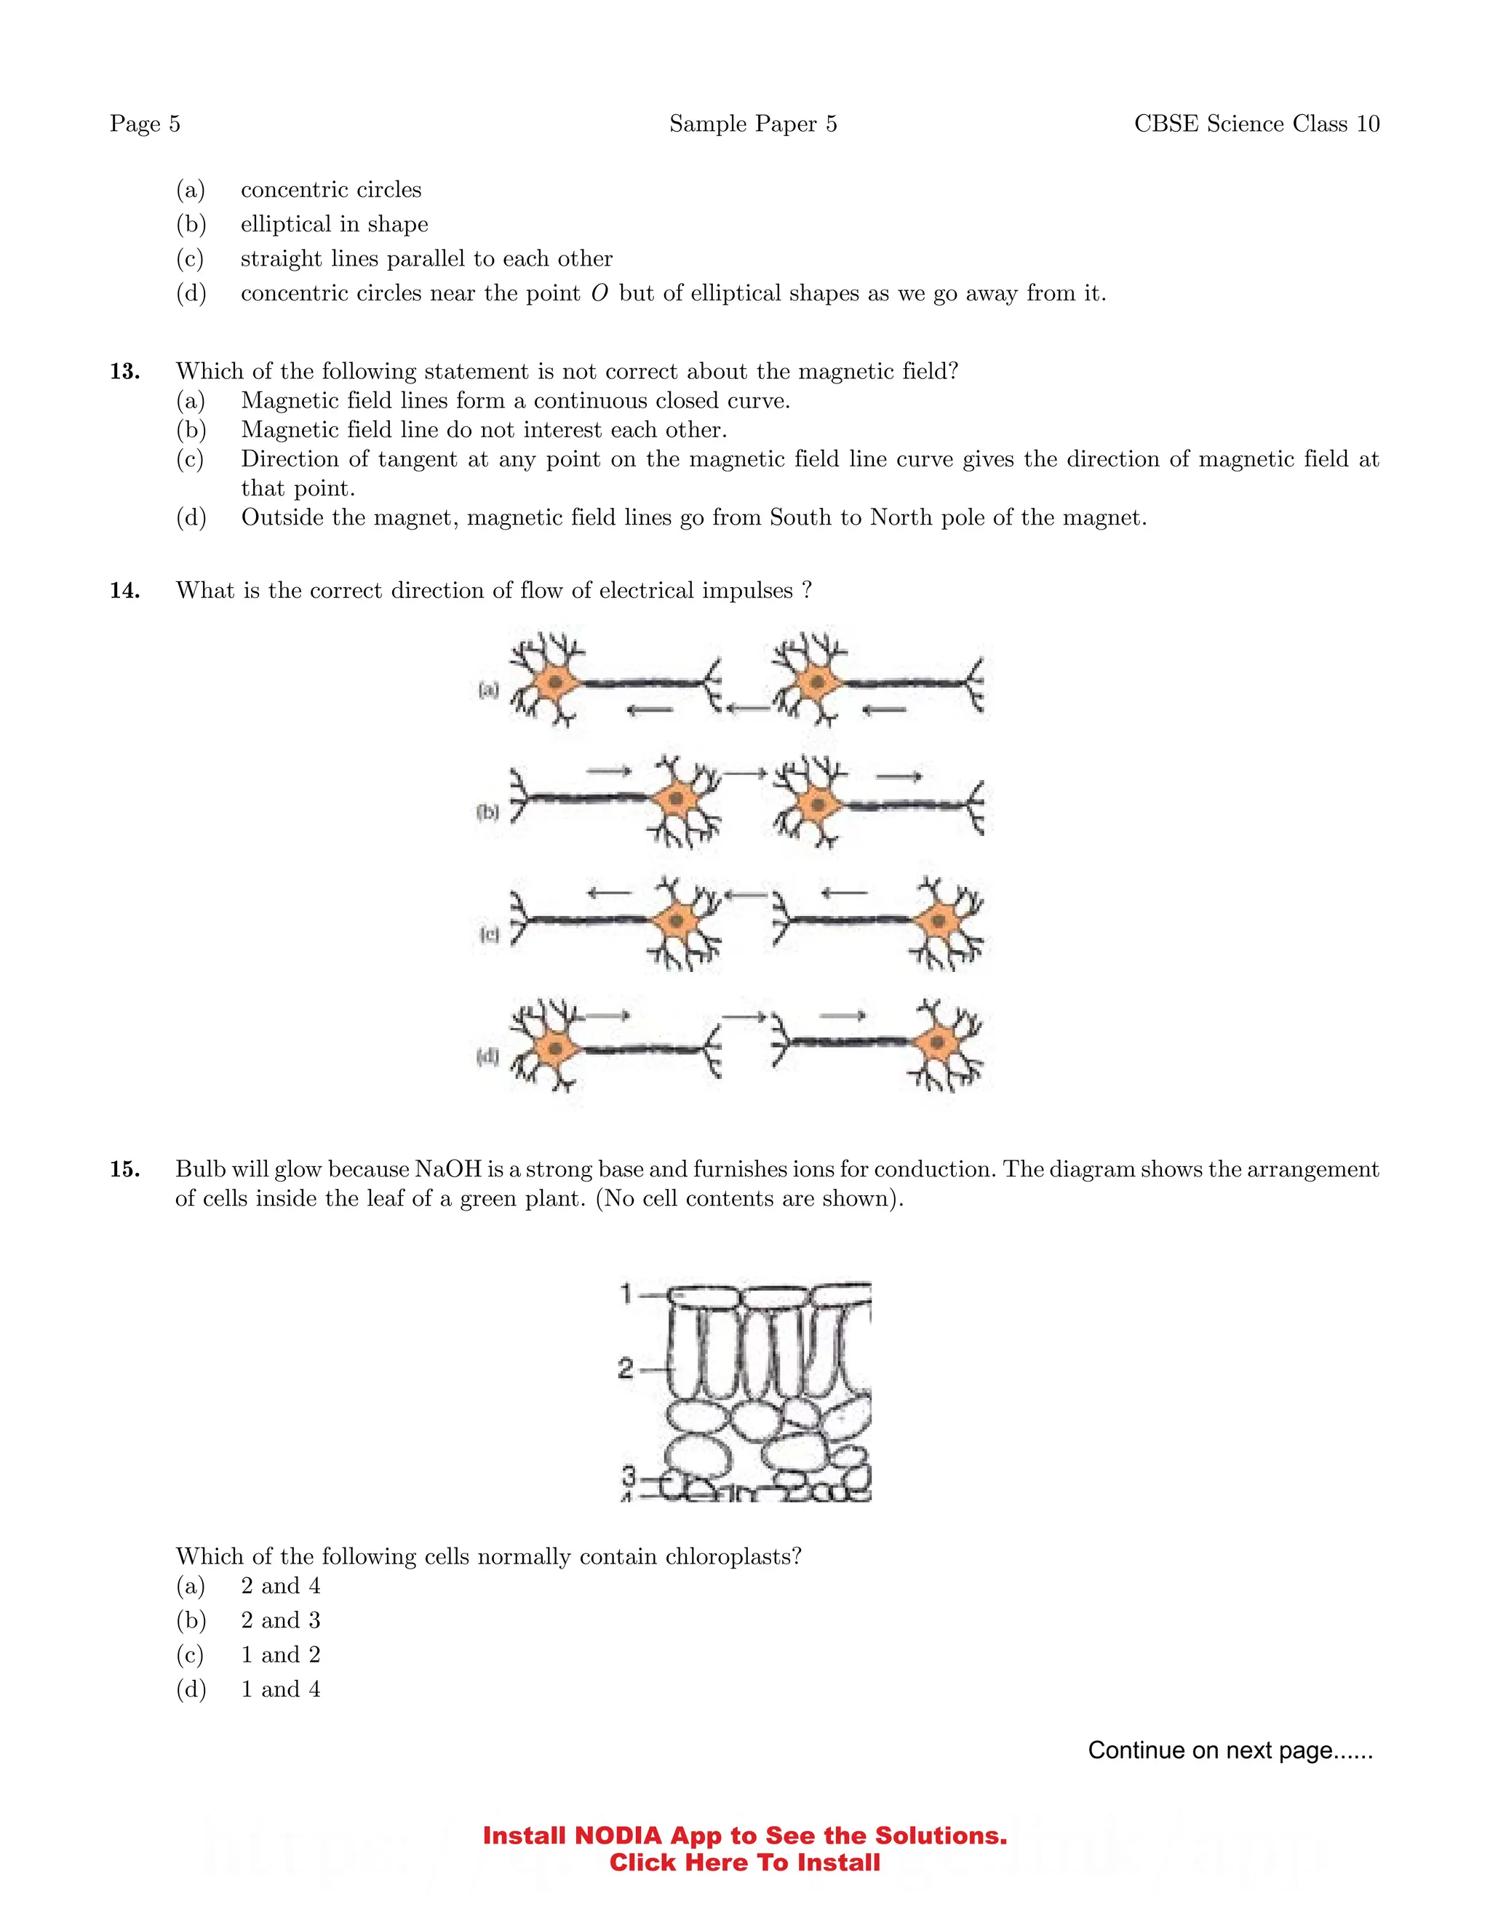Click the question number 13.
pyautogui.click(x=124, y=372)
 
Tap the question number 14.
pyautogui.click(x=124, y=591)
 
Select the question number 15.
pyautogui.click(x=124, y=1170)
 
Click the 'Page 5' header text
pyautogui.click(x=145, y=124)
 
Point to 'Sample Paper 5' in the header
pyautogui.click(x=752, y=124)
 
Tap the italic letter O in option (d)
pyautogui.click(x=599, y=293)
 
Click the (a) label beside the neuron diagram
pyautogui.click(x=488, y=690)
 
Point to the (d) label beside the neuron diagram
pyautogui.click(x=487, y=1056)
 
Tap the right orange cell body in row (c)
pyautogui.click(x=939, y=922)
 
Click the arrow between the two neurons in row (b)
pyautogui.click(x=746, y=774)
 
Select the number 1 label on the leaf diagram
pyautogui.click(x=626, y=1294)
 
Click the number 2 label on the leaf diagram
pyautogui.click(x=625, y=1369)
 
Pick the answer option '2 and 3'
pyautogui.click(x=280, y=1620)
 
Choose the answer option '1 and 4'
pyautogui.click(x=280, y=1689)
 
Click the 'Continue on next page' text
pyautogui.click(x=1230, y=1750)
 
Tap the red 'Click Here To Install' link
pyautogui.click(x=744, y=1863)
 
